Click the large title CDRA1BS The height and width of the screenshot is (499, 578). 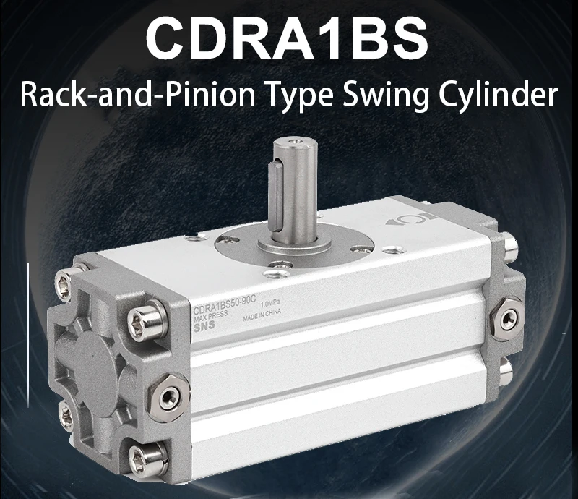click(x=287, y=40)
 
